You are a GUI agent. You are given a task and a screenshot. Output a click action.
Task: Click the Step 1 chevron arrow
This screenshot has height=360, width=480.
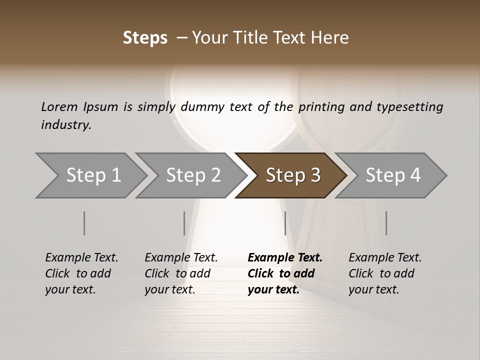(92, 175)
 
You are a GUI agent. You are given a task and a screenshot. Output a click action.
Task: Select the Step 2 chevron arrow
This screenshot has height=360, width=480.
(193, 175)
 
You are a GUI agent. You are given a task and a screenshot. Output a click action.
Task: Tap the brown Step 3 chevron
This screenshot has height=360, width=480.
(293, 175)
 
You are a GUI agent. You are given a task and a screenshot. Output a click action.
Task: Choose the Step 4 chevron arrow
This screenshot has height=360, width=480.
(393, 175)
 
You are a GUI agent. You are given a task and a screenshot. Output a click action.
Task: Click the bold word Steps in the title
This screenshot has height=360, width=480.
(145, 38)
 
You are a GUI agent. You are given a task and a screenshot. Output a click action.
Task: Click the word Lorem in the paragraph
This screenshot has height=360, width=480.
(59, 106)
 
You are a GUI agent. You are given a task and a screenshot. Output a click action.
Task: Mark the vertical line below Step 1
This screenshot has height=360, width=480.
(84, 223)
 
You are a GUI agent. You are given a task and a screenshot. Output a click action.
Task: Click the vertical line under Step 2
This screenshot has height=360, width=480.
(184, 223)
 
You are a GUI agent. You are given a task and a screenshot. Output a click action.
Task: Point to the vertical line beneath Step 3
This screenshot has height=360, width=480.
(285, 223)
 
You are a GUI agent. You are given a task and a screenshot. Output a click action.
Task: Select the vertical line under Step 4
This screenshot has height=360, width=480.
(386, 223)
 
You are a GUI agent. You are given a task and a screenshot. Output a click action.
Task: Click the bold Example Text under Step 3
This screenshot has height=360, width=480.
(285, 258)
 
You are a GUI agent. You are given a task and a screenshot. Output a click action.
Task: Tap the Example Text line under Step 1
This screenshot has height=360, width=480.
(81, 258)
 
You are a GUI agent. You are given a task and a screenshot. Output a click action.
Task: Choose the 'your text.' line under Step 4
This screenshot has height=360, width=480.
(373, 289)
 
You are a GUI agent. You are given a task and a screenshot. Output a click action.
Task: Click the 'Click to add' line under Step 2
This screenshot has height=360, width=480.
(177, 274)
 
